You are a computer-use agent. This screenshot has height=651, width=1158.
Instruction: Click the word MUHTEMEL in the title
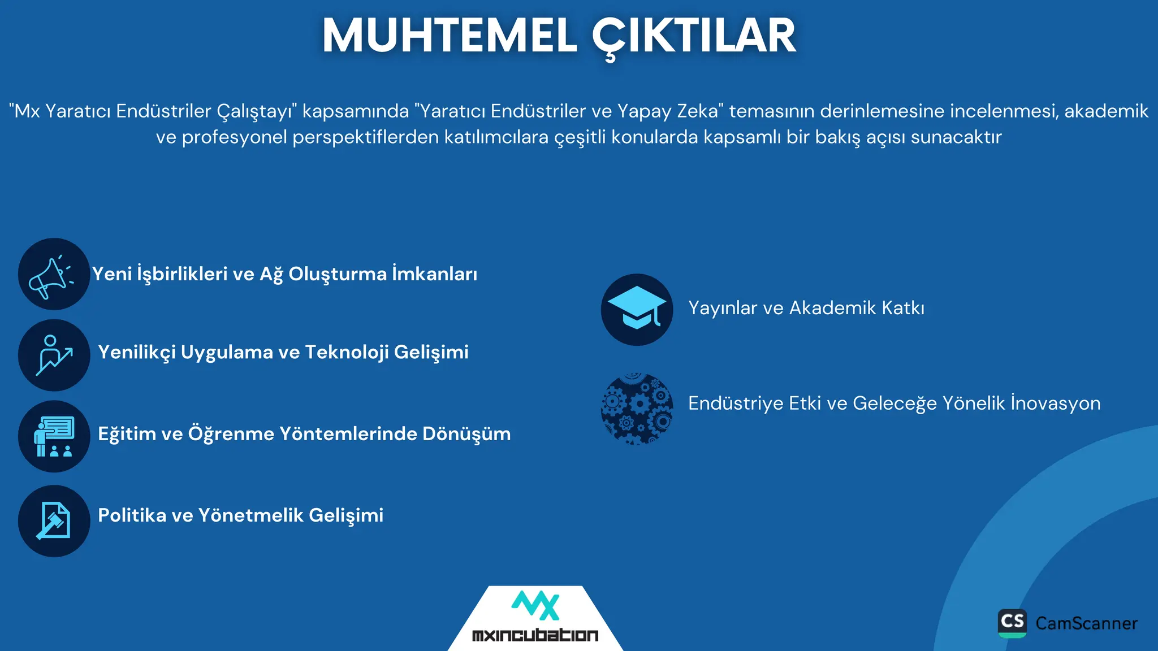[450, 36]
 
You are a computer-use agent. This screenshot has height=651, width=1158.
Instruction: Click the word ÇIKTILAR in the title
[694, 36]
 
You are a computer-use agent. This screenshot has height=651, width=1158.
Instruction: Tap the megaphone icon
[54, 274]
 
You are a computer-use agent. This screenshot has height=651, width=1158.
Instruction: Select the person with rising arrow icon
[54, 355]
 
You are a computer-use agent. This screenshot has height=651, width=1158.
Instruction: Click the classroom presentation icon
[54, 436]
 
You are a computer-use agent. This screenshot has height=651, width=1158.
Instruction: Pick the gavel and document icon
[54, 521]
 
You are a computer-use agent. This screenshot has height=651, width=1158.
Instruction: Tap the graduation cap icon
[637, 310]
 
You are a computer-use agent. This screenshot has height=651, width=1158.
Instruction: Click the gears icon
[637, 409]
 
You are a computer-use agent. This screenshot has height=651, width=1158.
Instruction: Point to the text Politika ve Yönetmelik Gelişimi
[240, 515]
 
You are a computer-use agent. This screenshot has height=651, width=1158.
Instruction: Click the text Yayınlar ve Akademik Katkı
[806, 308]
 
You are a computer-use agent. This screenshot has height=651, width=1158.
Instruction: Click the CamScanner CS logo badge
[1012, 623]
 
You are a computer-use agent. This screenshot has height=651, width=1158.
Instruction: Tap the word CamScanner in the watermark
[1086, 623]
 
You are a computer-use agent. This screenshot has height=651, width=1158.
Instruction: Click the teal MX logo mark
[535, 606]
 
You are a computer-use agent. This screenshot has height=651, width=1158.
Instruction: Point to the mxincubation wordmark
[535, 635]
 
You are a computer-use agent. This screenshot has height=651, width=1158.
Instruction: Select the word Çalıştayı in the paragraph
[257, 111]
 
